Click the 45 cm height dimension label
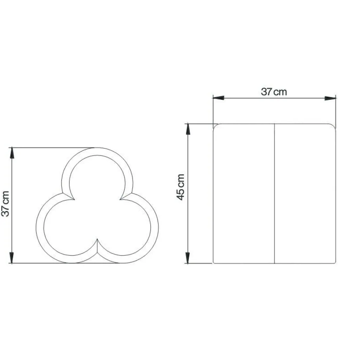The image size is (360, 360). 181,187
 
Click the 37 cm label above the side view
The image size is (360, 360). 274,92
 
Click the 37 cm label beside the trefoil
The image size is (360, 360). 6,204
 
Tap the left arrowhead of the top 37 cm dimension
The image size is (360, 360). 218,98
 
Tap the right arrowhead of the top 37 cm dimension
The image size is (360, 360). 330,98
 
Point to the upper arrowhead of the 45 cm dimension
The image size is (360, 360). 188,129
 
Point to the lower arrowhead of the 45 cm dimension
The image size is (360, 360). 188,258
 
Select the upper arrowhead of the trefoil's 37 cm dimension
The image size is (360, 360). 12,153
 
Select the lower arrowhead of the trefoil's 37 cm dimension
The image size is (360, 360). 12,258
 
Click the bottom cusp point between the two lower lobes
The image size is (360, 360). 97,239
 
